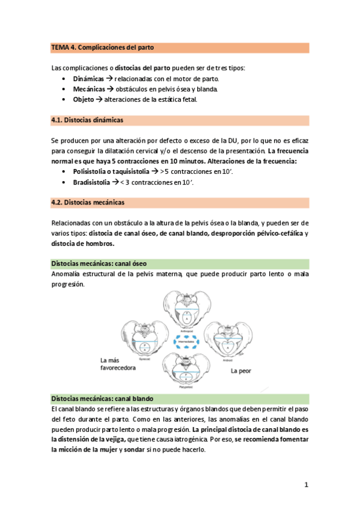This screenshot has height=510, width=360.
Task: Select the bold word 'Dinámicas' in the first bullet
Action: point(88,79)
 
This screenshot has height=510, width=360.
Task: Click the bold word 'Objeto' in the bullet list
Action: point(83,99)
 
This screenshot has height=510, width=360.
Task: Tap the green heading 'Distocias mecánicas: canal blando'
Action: point(102,399)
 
